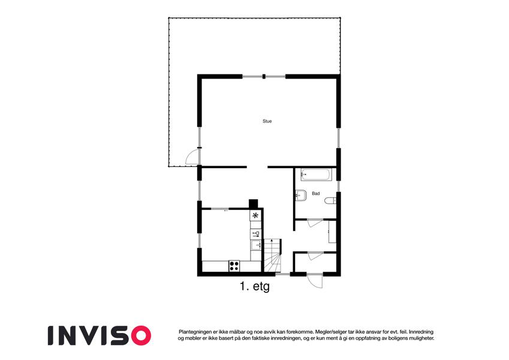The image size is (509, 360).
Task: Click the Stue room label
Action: coord(267,121)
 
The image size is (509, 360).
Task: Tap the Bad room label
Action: coord(316,193)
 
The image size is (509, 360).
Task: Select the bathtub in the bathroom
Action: coord(317,175)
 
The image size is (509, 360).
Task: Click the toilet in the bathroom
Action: coord(330,201)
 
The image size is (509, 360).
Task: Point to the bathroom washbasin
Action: coord(300,195)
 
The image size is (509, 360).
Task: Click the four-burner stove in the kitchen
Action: coord(234,266)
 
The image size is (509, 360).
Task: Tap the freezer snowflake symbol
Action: coord(255,215)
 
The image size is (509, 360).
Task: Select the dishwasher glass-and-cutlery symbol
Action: coord(256,234)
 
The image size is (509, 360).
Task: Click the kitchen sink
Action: coord(256,245)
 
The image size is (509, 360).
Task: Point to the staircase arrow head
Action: coord(272,241)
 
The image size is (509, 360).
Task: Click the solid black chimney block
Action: coord(253,204)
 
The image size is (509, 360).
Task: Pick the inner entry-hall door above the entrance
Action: coord(315,256)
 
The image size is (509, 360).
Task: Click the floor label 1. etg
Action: coord(254,287)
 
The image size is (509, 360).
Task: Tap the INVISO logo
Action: coord(100,335)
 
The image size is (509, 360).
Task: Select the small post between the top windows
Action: coord(264,77)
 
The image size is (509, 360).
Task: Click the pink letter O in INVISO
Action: coord(140,335)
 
